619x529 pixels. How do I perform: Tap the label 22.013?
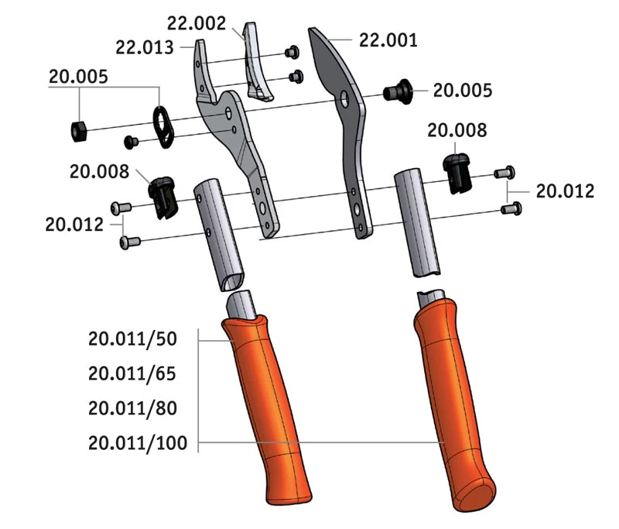[147, 47]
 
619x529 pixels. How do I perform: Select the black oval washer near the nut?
[164, 126]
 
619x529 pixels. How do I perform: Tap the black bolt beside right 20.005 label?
[399, 91]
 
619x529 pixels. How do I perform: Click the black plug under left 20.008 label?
[162, 196]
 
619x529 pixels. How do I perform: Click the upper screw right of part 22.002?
[292, 53]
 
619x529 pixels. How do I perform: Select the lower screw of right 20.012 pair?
[510, 208]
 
